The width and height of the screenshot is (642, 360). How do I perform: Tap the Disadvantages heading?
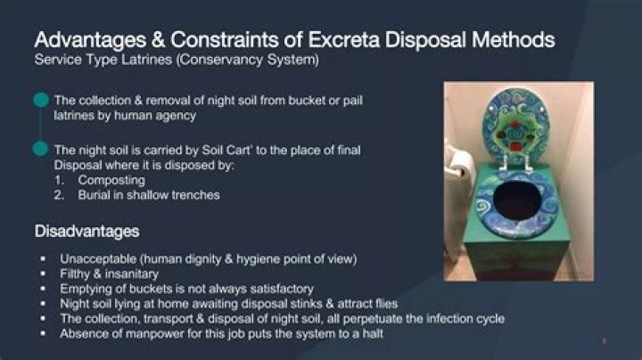coord(86,233)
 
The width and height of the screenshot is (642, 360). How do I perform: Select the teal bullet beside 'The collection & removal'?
coord(40,101)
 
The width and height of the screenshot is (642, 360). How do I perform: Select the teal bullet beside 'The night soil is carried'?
coord(40,149)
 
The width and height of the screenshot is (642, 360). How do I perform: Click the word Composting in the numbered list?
coord(111,179)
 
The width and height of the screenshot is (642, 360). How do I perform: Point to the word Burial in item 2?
coord(94,193)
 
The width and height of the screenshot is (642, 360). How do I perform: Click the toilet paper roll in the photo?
coord(460,161)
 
